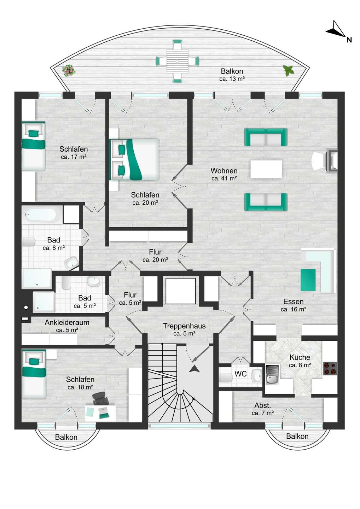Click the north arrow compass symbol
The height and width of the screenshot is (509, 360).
[x=336, y=30]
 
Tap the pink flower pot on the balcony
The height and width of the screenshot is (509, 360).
[x=69, y=71]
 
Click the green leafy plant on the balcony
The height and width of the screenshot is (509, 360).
[x=289, y=70]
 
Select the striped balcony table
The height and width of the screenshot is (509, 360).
[x=178, y=61]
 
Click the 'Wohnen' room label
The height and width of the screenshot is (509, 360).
[x=224, y=171]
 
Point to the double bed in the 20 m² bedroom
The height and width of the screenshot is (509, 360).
[x=134, y=159]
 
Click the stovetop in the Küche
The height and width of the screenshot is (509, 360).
[x=330, y=368]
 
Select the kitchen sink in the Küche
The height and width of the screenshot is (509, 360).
[x=272, y=374]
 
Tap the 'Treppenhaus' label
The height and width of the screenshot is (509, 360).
[x=184, y=326]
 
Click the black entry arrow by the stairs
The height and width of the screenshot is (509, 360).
[x=194, y=369]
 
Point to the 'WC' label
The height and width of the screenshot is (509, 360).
[x=240, y=374]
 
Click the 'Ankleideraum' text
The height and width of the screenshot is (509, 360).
[x=67, y=322]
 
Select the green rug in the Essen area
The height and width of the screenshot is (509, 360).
[x=308, y=280]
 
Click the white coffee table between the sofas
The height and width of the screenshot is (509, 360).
[x=266, y=169]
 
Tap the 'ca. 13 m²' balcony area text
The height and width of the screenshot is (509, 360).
[x=232, y=79]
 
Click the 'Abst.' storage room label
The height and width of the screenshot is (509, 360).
[x=262, y=405]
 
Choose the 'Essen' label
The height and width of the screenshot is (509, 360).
[x=293, y=302]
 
